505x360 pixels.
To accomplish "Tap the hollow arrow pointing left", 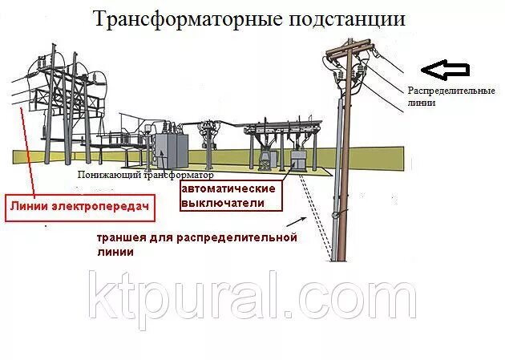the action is point(444,71).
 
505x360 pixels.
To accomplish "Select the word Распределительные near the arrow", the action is point(450,91).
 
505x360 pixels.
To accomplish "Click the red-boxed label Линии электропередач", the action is point(80,206).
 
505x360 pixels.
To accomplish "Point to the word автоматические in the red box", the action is point(228,188).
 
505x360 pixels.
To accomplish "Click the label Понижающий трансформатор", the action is point(147,174).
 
